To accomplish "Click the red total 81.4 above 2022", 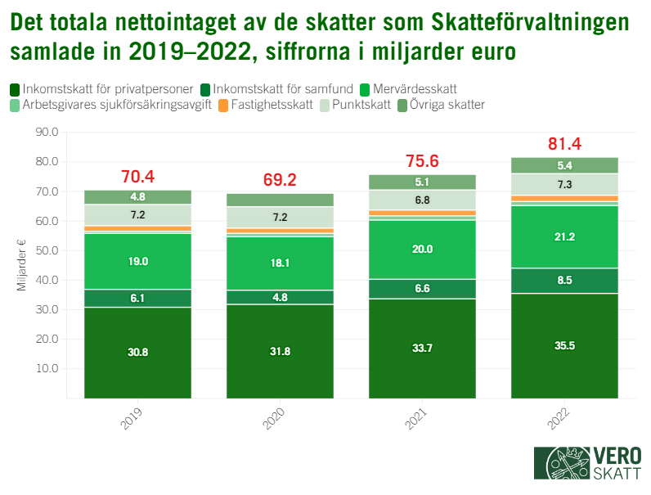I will (564, 144).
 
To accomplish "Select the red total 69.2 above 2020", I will (280, 180).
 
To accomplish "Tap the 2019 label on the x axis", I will (131, 421).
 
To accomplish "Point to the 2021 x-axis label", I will (415, 421).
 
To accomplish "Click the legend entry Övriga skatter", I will (447, 105).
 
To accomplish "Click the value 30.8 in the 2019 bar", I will (137, 352).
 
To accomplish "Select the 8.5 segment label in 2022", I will (564, 280).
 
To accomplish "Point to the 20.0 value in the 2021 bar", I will (422, 250).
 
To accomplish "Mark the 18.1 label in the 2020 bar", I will (280, 263).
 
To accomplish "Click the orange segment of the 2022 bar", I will (564, 198).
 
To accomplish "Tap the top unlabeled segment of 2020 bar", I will (280, 200).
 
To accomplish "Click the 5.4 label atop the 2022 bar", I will (564, 165).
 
